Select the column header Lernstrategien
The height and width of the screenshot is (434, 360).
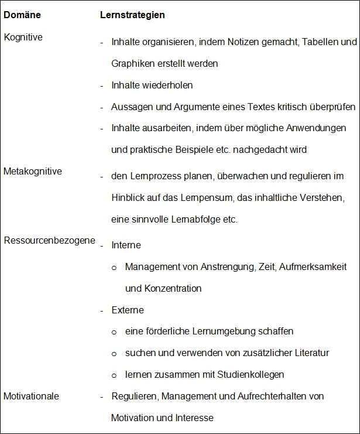coord(132,15)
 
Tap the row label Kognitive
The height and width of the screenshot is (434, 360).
coord(23,37)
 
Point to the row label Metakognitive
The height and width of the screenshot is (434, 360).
coord(33,172)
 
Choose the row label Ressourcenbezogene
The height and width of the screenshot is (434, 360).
coord(49,241)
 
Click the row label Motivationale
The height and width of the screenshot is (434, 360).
coord(32,397)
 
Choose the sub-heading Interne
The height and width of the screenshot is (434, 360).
coord(126,245)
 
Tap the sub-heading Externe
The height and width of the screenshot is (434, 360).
coord(128,310)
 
